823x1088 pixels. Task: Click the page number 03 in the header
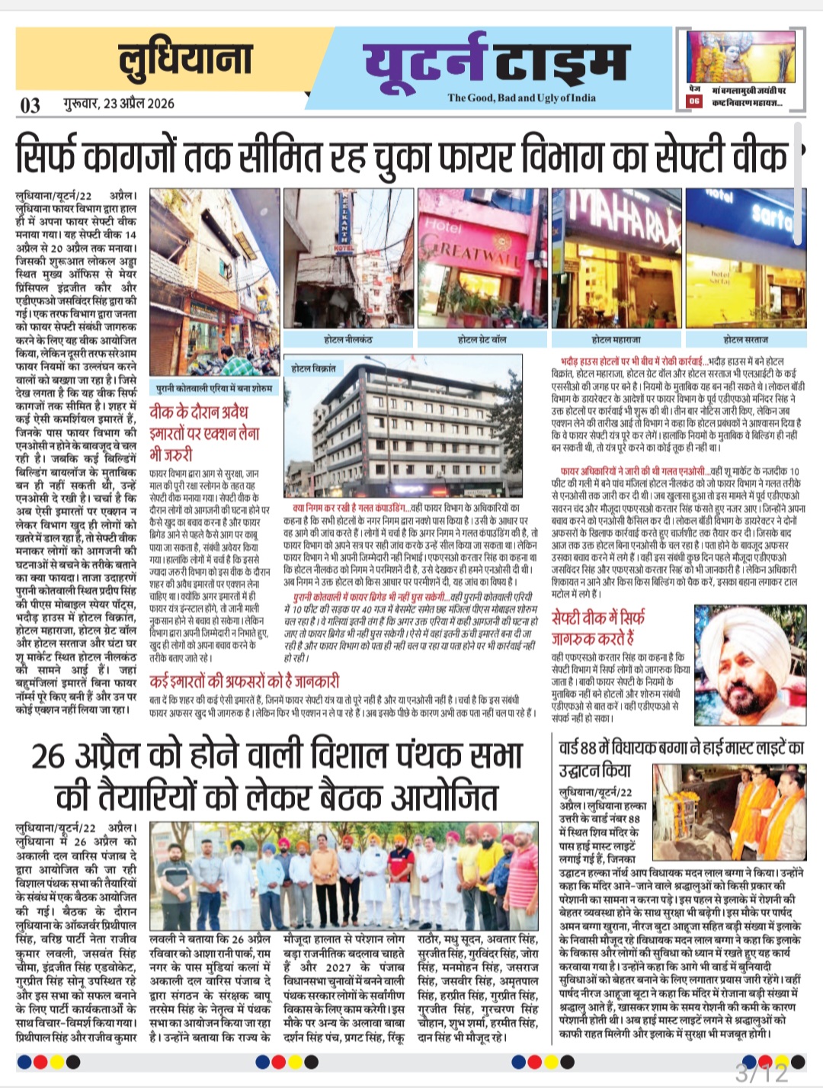click(x=30, y=104)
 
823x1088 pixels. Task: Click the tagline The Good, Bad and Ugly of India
click(x=521, y=98)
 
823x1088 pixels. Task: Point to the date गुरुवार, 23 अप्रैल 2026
click(x=118, y=104)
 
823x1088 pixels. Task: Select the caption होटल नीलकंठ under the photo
click(x=347, y=339)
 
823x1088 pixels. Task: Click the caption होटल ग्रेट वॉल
click(x=482, y=339)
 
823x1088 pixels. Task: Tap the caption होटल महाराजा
click(x=616, y=339)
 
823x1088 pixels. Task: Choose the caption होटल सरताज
click(x=745, y=339)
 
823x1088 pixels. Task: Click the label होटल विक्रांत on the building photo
click(x=313, y=367)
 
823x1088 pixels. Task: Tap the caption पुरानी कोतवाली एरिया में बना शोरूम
click(x=213, y=387)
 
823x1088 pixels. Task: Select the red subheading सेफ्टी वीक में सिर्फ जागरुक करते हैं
click(x=599, y=626)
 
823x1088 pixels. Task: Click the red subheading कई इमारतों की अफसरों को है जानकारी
click(x=244, y=681)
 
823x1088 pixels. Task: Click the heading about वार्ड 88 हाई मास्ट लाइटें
click(x=680, y=758)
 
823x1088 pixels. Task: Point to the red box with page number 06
click(x=693, y=101)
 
